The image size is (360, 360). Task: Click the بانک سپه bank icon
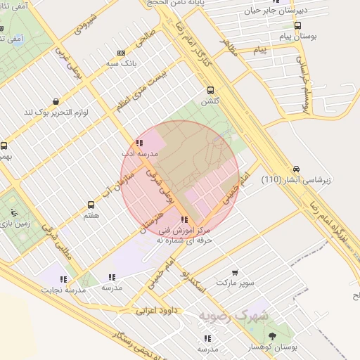(x=122, y=53)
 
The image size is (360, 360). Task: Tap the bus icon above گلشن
(x=210, y=90)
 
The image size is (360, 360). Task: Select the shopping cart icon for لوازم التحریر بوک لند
(x=56, y=101)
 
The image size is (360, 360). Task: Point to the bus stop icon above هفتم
(x=91, y=205)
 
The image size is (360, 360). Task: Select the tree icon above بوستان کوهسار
(x=272, y=337)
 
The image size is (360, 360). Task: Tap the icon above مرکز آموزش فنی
(x=184, y=220)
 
